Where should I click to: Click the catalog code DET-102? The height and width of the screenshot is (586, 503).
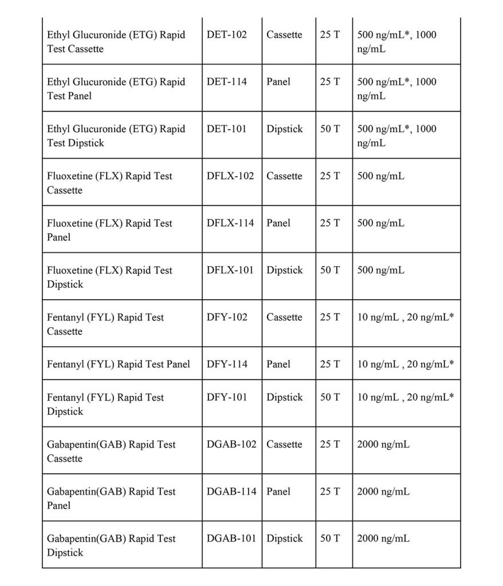[227, 35]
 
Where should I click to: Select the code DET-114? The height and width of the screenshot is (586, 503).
[227, 82]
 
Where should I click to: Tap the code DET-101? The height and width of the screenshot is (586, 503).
[227, 129]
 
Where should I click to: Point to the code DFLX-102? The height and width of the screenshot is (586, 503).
[230, 176]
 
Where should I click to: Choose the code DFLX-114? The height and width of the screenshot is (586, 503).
[230, 223]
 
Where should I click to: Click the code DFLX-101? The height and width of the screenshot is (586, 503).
[230, 270]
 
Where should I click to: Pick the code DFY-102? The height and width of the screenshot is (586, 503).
[227, 317]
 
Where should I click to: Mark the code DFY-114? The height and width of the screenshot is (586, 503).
[227, 364]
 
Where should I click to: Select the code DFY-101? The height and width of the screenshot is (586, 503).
[227, 397]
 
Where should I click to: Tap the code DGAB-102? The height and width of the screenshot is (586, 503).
[231, 444]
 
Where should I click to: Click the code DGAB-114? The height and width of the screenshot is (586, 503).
[231, 491]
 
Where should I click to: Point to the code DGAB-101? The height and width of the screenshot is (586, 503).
[231, 539]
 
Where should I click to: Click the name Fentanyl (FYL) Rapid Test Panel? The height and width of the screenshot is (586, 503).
[119, 364]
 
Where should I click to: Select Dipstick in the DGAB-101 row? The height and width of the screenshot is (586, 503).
[285, 539]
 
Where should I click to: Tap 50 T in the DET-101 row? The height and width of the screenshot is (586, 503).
[330, 129]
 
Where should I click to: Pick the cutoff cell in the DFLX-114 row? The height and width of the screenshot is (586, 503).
[381, 223]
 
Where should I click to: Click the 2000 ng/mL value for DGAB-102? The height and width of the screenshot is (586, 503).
[383, 444]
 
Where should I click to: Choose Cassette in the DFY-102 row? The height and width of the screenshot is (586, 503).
[284, 317]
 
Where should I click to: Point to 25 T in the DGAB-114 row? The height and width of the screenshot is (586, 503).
[330, 491]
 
